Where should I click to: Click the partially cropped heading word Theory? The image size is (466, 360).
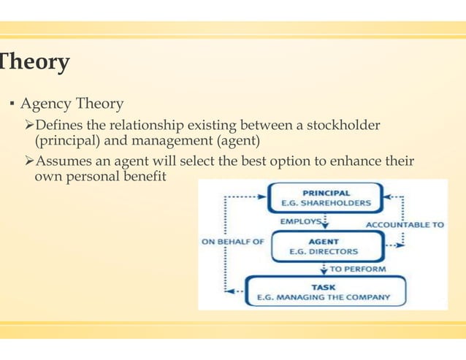34,63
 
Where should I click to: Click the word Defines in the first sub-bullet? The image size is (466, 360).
66,126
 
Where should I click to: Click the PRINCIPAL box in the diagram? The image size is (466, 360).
326,198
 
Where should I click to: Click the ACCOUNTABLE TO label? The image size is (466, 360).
404,224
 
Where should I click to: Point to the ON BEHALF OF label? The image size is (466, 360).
232,242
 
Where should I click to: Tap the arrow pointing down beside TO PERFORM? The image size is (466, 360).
324,269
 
